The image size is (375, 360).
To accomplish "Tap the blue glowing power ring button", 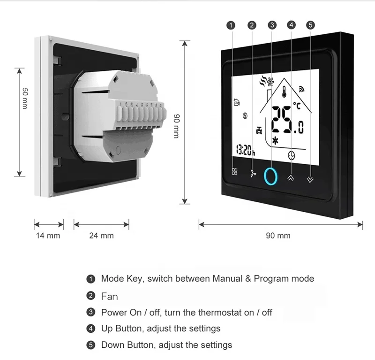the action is point(271,175).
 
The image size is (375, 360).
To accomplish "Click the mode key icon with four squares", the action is point(234,172).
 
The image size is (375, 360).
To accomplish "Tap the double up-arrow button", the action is point(291,178).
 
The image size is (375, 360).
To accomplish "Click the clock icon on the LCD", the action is point(292,155).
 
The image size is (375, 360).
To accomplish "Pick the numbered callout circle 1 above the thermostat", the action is point(231,25).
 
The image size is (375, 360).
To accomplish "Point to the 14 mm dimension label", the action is point(48,235).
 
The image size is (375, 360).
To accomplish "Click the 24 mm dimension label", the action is point(101,235).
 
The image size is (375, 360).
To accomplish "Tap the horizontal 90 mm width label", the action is point(278,235).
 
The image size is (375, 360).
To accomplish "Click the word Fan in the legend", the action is point(110,296).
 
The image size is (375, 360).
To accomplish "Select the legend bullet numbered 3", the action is point(91,313).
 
